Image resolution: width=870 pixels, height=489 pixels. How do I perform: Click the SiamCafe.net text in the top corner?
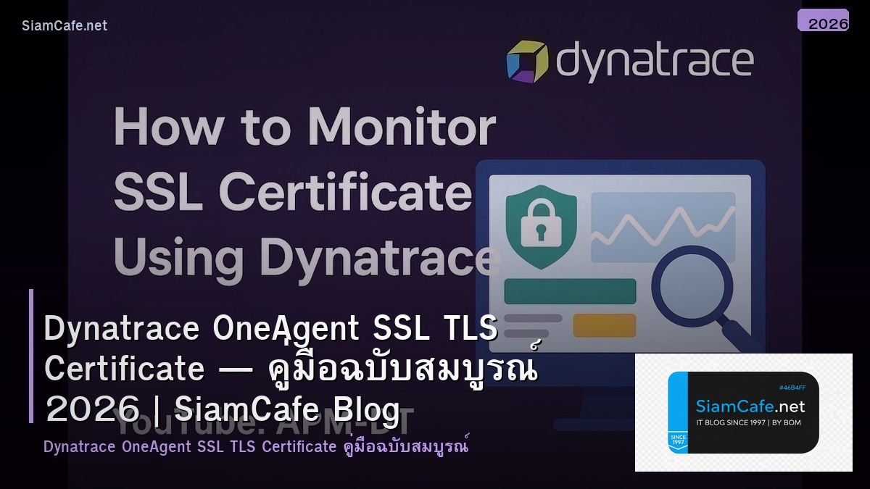(x=65, y=25)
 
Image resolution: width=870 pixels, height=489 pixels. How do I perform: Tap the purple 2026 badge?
(x=823, y=21)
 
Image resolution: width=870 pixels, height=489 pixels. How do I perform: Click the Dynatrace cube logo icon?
(x=527, y=62)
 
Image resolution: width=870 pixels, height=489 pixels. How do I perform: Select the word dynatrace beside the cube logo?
(x=654, y=61)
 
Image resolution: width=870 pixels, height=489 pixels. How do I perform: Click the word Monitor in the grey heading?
(x=402, y=128)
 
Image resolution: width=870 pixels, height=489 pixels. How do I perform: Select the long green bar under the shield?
(x=570, y=291)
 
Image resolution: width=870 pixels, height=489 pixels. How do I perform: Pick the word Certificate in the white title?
(x=125, y=369)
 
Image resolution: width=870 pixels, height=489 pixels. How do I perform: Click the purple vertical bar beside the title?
(x=31, y=356)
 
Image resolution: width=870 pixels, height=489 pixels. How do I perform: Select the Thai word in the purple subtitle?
(x=406, y=447)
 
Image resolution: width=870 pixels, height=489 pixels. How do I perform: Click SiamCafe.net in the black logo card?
(x=750, y=406)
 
